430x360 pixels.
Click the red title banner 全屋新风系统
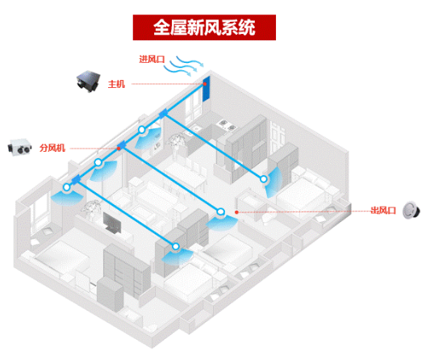click(x=204, y=27)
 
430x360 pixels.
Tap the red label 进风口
click(x=152, y=59)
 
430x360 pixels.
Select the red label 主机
click(x=116, y=84)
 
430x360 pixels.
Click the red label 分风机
click(x=52, y=148)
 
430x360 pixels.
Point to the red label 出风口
click(x=383, y=211)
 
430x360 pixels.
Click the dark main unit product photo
click(x=88, y=81)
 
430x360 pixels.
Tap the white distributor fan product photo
click(x=19, y=147)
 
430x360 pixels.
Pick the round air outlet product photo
click(x=411, y=211)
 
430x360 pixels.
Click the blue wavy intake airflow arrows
click(x=184, y=66)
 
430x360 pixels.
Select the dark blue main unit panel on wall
click(x=207, y=89)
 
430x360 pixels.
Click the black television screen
click(x=112, y=223)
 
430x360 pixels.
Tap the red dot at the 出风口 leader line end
click(x=236, y=212)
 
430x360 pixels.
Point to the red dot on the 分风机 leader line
click(x=119, y=149)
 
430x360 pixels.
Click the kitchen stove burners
click(x=228, y=124)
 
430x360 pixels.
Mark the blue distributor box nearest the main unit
click(x=163, y=113)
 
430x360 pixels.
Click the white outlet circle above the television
click(x=67, y=187)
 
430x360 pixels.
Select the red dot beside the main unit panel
click(x=205, y=84)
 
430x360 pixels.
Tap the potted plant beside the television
click(x=90, y=208)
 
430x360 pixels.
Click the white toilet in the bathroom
click(x=268, y=217)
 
